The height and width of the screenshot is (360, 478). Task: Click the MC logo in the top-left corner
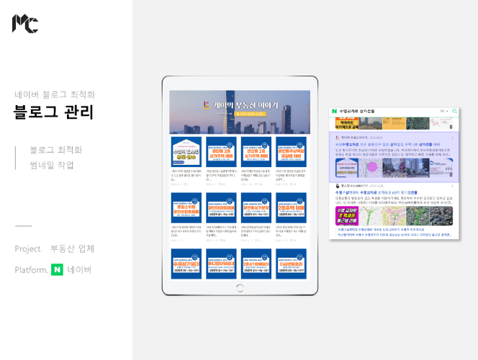[x=24, y=23]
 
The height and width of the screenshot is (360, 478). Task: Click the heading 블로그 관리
[x=54, y=112]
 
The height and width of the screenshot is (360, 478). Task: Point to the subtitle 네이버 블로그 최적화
[x=55, y=94]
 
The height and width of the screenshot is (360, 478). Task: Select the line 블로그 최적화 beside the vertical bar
[x=56, y=150]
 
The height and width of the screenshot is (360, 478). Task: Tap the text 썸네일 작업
[x=52, y=165]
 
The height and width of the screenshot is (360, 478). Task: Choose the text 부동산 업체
[x=73, y=249]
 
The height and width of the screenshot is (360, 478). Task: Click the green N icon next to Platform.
[x=57, y=270]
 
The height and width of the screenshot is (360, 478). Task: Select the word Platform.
[x=31, y=270]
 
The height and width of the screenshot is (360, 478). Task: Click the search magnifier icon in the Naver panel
[x=455, y=111]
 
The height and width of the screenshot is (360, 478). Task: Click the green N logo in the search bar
[x=334, y=111]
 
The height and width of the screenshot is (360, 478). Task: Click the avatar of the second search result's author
[x=335, y=186]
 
